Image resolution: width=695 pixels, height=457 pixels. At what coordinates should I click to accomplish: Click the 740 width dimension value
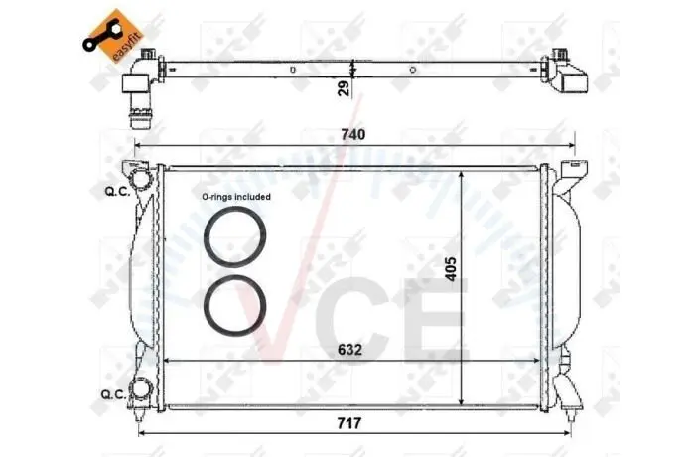(x=353, y=134)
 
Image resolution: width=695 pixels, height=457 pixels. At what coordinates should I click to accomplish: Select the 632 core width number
(x=349, y=350)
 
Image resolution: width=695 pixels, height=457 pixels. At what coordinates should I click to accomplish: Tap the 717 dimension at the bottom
(x=349, y=423)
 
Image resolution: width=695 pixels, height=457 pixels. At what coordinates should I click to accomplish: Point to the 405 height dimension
(x=451, y=268)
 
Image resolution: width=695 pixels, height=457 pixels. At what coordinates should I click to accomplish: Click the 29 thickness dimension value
(x=344, y=88)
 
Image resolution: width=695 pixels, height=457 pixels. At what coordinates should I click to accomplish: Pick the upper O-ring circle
(x=235, y=236)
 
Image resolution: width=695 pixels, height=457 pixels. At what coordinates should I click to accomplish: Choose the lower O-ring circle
(x=235, y=305)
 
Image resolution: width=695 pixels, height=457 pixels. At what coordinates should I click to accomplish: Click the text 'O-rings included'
(x=236, y=196)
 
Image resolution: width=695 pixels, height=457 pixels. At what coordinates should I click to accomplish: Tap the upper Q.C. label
(x=117, y=191)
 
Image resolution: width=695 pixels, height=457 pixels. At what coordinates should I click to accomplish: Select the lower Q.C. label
(x=113, y=394)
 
